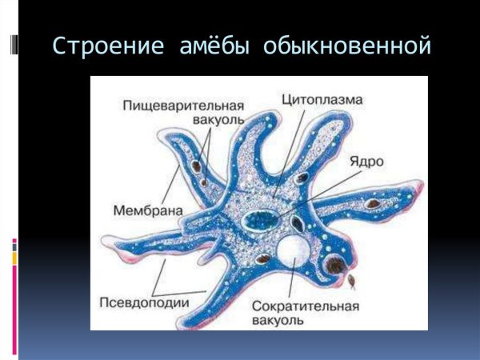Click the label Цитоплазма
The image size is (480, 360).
pos(322,100)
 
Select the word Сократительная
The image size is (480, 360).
pos(305,306)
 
